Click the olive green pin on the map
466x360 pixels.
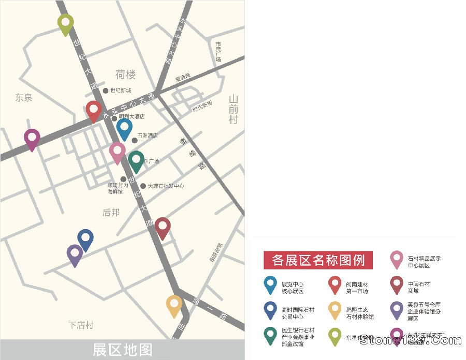pyautogui.click(x=65, y=23)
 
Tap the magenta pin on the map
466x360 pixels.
pyautogui.click(x=32, y=139)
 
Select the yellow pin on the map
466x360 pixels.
pyautogui.click(x=174, y=305)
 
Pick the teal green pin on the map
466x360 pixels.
pyautogui.click(x=137, y=160)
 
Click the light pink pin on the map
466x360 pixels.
pyautogui.click(x=118, y=152)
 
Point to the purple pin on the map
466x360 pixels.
pyautogui.click(x=75, y=254)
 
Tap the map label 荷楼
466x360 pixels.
pyautogui.click(x=126, y=75)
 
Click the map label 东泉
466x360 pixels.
pyautogui.click(x=24, y=97)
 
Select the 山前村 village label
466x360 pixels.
pyautogui.click(x=234, y=109)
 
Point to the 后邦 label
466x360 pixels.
pyautogui.click(x=111, y=212)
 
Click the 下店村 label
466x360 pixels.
pyautogui.click(x=81, y=325)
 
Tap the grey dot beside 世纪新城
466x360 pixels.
pyautogui.click(x=106, y=91)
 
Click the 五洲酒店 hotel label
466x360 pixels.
pyautogui.click(x=148, y=136)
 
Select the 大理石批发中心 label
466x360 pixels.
pyautogui.click(x=166, y=186)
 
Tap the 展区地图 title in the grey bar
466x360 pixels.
pyautogui.click(x=123, y=350)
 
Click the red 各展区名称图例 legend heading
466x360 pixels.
pyautogui.click(x=318, y=260)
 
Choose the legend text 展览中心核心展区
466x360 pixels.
pyautogui.click(x=293, y=288)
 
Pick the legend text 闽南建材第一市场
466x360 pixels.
pyautogui.click(x=357, y=288)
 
